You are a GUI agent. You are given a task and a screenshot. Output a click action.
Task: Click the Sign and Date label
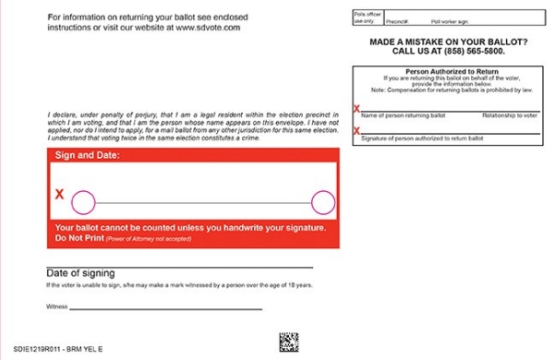click(87, 155)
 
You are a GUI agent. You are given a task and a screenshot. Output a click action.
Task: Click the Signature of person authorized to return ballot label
click(422, 137)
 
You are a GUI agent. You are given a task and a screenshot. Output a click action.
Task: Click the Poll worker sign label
click(451, 19)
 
